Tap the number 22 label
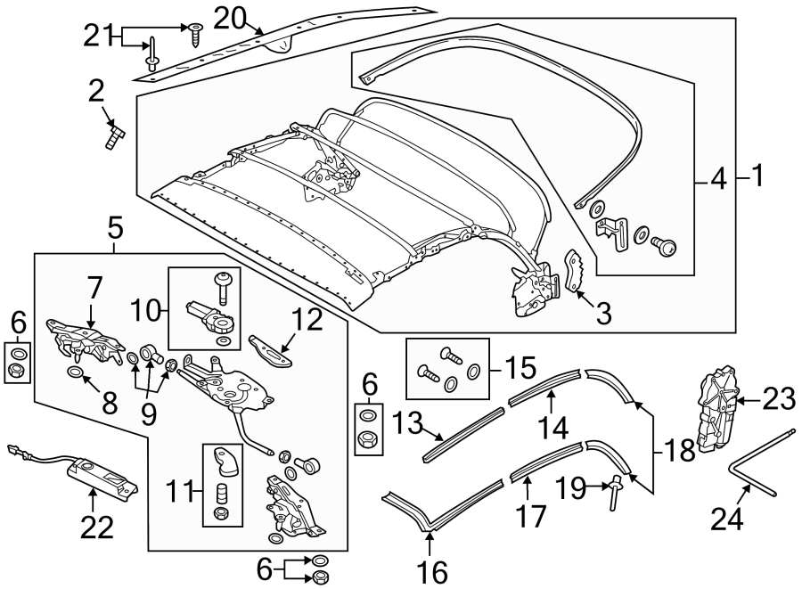pos(97,528)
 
